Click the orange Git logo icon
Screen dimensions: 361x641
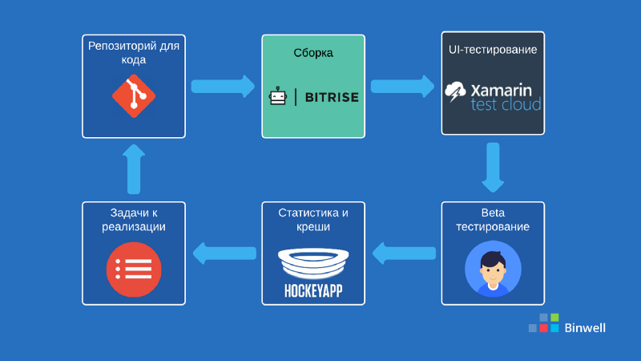(134, 97)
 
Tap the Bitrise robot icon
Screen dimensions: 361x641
(277, 97)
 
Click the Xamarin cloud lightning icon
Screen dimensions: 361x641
(458, 91)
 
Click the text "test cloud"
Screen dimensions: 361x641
(506, 104)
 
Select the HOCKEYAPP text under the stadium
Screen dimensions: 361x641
(313, 290)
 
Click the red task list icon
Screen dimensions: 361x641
(134, 269)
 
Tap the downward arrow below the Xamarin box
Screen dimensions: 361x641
(493, 167)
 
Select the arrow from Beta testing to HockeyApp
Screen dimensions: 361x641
(404, 254)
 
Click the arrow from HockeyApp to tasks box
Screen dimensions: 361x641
(224, 254)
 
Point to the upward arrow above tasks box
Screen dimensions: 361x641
(134, 168)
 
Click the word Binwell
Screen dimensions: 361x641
(585, 327)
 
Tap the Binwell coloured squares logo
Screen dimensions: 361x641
(543, 322)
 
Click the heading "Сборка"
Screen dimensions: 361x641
(313, 53)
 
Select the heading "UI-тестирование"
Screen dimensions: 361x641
(493, 50)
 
